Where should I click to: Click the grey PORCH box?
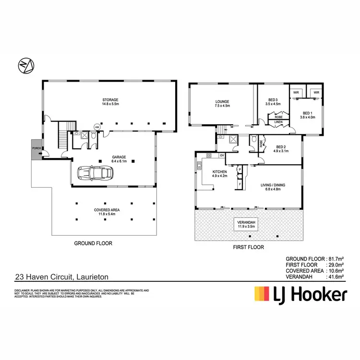coord(36,148)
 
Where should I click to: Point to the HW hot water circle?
coord(97,127)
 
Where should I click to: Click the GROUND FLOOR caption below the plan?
coord(93,243)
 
